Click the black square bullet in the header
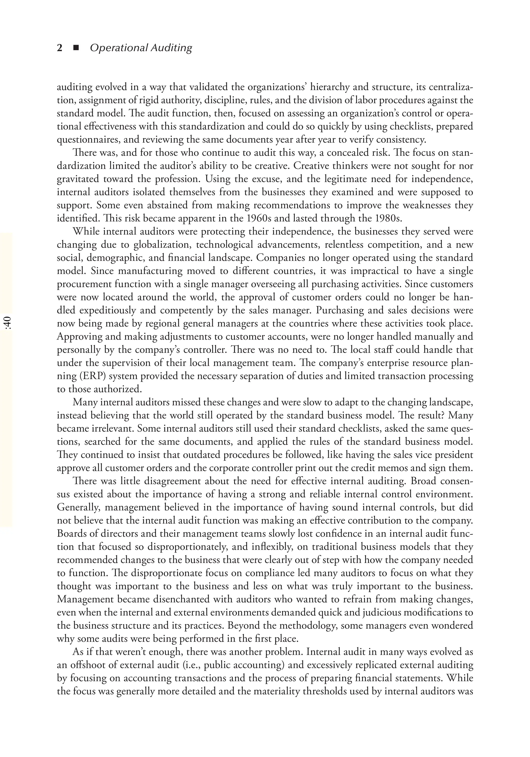pyautogui.click(x=76, y=48)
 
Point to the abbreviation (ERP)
pyautogui.click(x=91, y=376)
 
